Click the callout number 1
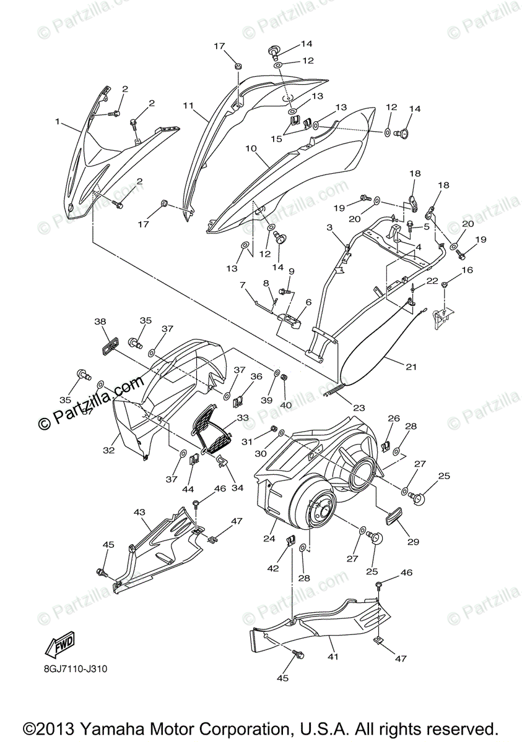point(58,122)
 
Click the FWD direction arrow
point(59,645)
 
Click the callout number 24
point(269,539)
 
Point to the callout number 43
point(139,512)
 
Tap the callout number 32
point(108,451)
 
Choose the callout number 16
point(467,270)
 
